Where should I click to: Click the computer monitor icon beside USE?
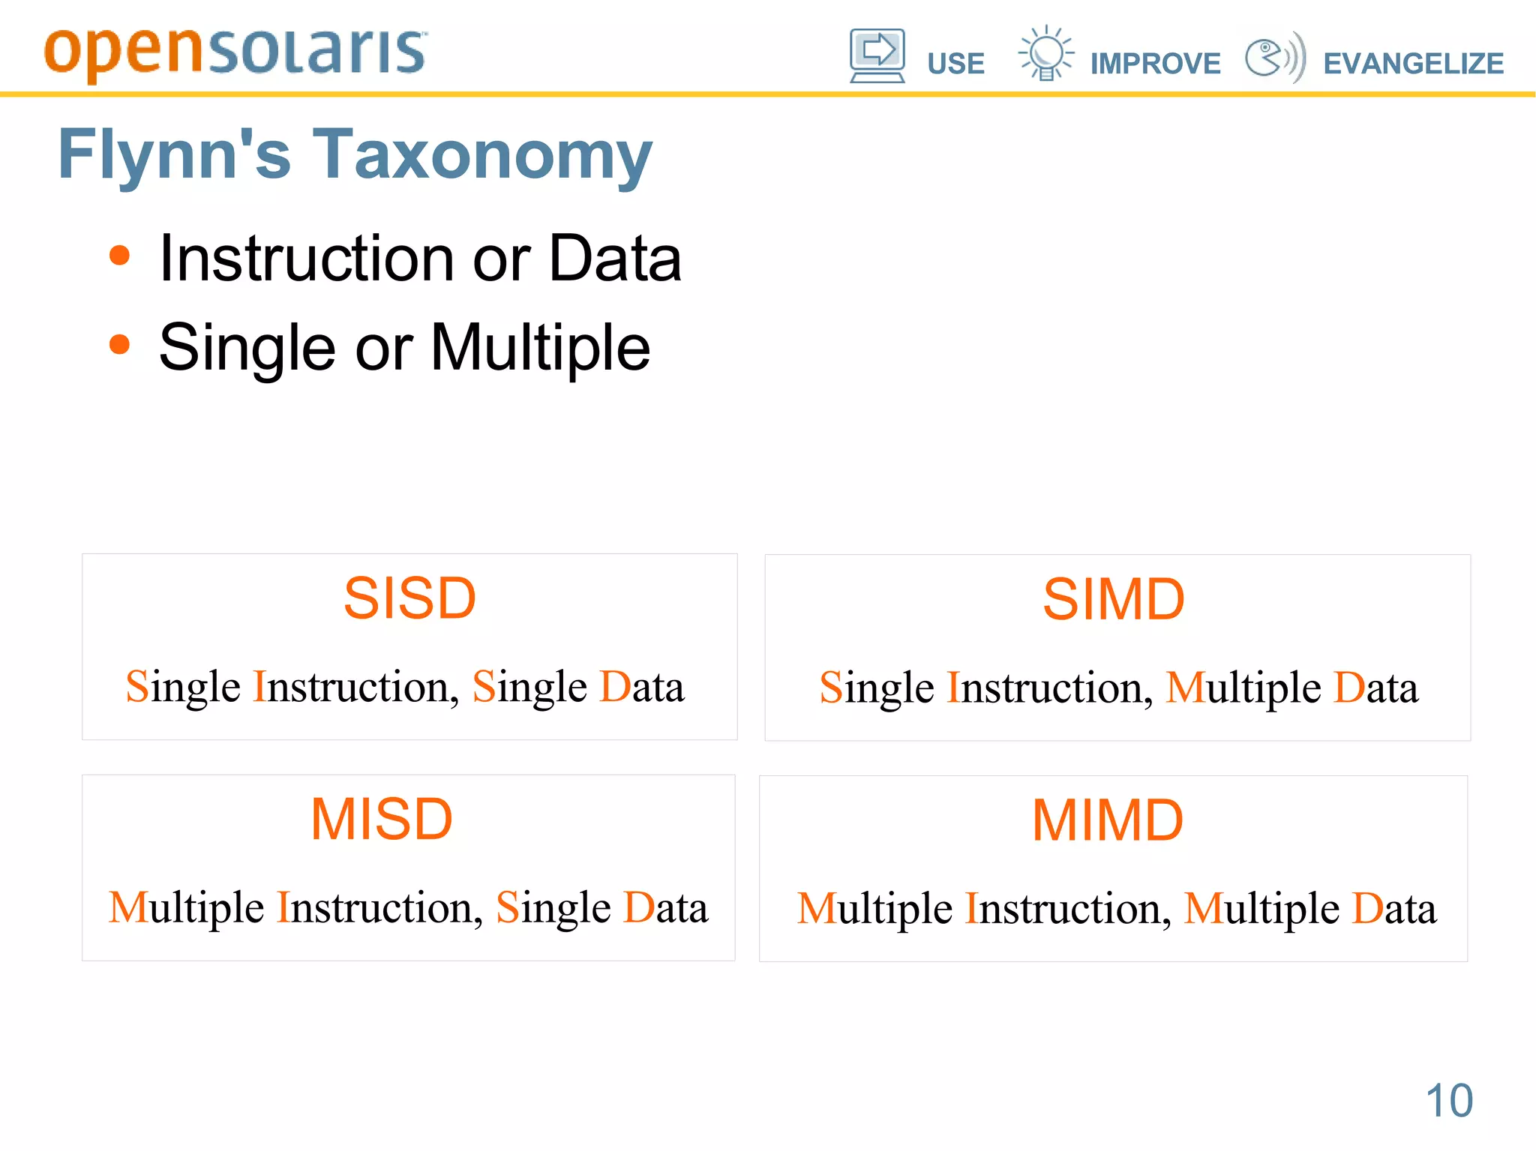[877, 55]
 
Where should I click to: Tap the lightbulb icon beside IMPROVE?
[1045, 52]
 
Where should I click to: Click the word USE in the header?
[955, 64]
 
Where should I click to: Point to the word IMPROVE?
[1155, 64]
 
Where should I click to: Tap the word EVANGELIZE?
[1413, 64]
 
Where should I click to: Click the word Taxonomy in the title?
[482, 155]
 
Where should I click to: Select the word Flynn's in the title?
[174, 155]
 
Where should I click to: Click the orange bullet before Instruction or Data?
[119, 256]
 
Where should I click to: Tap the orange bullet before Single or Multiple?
[119, 345]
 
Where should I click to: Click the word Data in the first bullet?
[615, 259]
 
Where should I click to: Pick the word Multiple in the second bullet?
[540, 348]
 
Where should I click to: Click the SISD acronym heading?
[409, 598]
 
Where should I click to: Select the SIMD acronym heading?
[1113, 600]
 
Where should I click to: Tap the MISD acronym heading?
[382, 820]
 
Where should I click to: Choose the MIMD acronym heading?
[1107, 821]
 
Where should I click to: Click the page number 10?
[1449, 1101]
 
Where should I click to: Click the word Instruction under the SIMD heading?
[1049, 688]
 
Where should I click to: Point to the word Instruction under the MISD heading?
[379, 908]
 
